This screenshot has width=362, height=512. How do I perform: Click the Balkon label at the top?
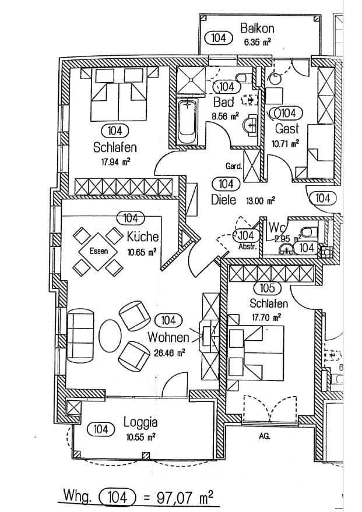[256, 28]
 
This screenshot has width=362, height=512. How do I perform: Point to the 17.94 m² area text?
[115, 163]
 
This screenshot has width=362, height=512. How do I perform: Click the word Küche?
[143, 238]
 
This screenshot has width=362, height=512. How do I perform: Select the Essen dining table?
[99, 252]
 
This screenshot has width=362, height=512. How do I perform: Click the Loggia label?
[140, 422]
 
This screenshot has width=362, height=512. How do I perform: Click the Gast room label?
[286, 128]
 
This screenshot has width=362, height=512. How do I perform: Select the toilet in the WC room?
[309, 229]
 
